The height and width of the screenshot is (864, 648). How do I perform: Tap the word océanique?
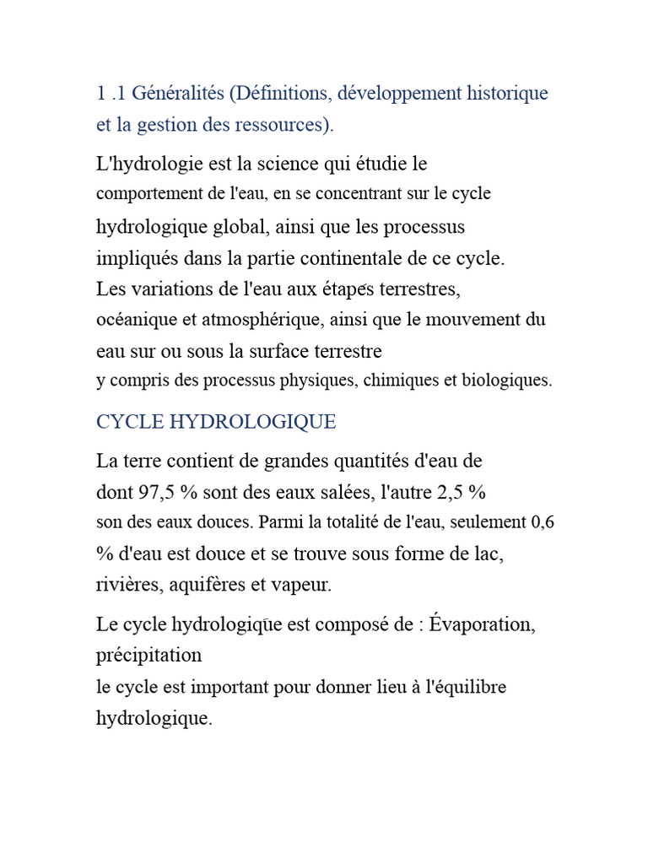[x=136, y=321]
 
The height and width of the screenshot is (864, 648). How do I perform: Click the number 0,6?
[x=542, y=522]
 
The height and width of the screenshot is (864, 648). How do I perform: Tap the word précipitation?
[x=149, y=656]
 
